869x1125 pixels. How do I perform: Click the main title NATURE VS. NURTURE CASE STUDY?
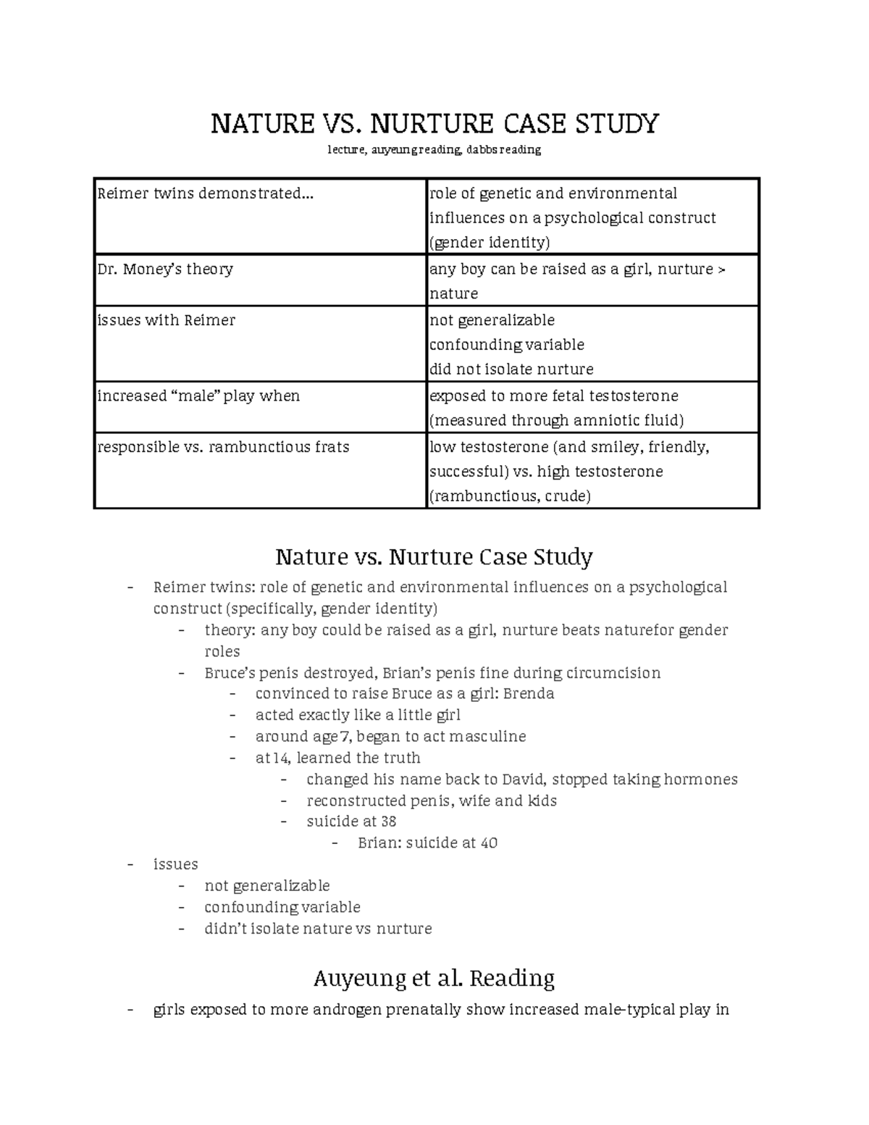434,124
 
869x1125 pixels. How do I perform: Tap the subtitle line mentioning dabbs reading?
434,150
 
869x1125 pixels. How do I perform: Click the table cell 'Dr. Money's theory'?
165,269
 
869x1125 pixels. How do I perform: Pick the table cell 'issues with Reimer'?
167,320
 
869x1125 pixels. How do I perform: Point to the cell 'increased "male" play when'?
198,396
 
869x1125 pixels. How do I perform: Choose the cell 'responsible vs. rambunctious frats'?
223,447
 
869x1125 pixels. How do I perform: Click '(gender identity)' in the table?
490,242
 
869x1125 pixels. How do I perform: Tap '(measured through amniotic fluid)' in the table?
556,420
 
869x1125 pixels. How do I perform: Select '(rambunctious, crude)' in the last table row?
510,496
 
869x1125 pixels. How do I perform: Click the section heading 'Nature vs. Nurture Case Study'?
434,557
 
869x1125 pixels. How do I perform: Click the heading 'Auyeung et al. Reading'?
434,979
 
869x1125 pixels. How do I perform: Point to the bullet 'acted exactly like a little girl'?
358,715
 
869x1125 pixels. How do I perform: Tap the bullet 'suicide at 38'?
351,821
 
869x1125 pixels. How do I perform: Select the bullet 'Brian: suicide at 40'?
427,843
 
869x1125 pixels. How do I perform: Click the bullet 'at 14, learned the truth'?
337,758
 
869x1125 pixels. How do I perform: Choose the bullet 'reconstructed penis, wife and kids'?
432,800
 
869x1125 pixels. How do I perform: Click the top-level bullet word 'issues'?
175,864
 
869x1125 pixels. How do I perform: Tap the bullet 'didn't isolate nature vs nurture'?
318,929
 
